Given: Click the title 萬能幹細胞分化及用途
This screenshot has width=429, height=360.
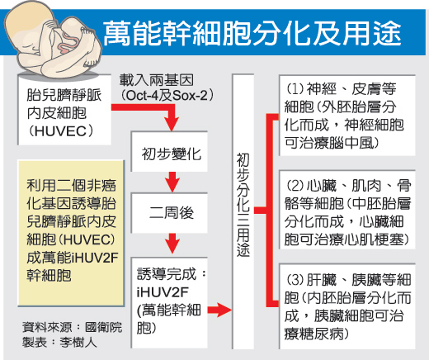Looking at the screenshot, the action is [x=252, y=33].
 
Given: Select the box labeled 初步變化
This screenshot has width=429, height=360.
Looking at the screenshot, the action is [x=169, y=152].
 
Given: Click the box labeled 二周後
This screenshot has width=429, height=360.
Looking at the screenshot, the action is [x=169, y=213].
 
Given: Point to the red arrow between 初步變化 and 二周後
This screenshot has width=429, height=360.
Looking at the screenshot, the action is [x=172, y=182].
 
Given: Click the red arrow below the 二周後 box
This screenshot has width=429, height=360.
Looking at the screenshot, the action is [x=172, y=244].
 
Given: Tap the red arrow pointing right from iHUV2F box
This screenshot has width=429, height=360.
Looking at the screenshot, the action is [x=219, y=310].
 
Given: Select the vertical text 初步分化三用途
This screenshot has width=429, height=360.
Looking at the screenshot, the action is [x=243, y=205].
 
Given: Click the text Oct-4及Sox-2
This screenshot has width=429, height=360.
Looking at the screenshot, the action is [x=167, y=95].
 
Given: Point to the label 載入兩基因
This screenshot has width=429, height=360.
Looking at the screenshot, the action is [x=157, y=80].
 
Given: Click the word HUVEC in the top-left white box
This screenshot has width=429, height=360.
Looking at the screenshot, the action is [x=60, y=131].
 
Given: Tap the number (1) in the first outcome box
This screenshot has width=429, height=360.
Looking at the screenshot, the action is [x=295, y=88].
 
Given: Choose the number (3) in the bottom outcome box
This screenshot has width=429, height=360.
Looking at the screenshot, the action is [x=295, y=280].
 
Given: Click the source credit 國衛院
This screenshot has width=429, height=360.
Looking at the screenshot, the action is [x=104, y=327].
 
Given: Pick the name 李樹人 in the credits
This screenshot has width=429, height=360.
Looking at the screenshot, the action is [x=78, y=343].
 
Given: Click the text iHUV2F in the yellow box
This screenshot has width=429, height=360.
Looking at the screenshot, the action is [x=95, y=258].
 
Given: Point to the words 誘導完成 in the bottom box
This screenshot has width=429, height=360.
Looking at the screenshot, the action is [x=167, y=273].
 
